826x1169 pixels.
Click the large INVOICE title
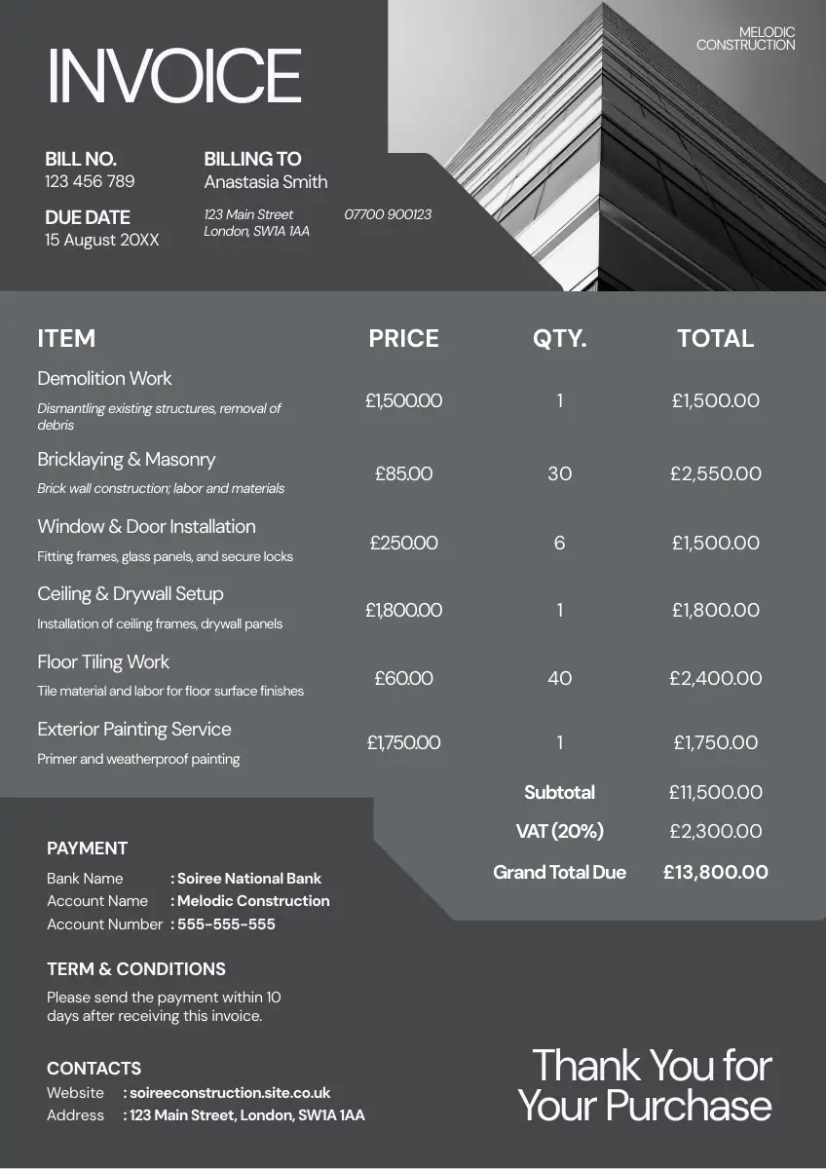174,75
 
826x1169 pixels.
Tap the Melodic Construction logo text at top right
746,39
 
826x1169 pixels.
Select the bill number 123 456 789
90,182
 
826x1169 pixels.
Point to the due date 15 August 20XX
101,240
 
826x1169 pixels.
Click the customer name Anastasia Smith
266,182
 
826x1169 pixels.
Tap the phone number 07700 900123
388,214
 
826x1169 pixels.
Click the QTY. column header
559,339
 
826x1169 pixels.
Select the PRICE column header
403,339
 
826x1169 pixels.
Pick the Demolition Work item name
104,378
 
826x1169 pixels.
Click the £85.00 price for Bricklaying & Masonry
403,474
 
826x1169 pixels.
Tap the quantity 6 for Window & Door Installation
559,543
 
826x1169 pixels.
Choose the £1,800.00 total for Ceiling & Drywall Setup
716,611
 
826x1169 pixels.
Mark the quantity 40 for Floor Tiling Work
559,678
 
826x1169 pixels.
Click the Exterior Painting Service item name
134,730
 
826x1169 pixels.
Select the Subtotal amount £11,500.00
716,793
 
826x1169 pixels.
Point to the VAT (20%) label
559,832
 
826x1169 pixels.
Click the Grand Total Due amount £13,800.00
716,873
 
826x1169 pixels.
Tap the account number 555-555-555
226,924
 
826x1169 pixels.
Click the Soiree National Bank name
249,879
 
